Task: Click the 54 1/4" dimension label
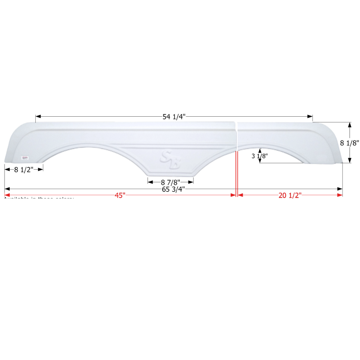point(174,116)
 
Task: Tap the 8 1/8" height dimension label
point(349,143)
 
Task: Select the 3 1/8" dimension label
point(260,156)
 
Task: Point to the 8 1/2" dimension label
point(23,169)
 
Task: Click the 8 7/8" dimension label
point(170,182)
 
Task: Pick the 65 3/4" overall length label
point(173,189)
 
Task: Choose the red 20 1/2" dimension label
point(290,195)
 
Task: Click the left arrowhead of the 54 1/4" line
point(38,116)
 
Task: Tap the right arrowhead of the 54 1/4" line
point(310,116)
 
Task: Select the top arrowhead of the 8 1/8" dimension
point(349,125)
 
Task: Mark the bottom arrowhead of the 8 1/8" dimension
point(349,160)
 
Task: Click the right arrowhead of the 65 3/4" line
point(340,189)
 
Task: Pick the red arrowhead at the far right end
point(340,195)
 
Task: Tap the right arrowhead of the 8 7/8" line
point(191,182)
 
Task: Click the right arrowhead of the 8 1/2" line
point(41,169)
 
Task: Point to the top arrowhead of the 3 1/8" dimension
point(260,151)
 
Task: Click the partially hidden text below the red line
point(39,199)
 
